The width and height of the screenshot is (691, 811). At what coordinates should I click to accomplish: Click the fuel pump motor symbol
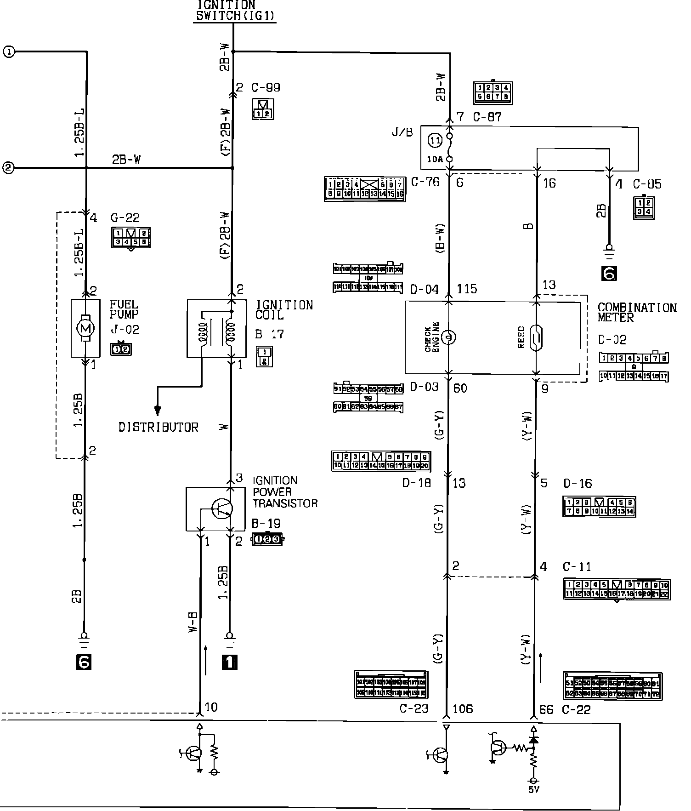85,328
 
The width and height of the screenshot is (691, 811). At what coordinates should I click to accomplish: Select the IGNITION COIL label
284,310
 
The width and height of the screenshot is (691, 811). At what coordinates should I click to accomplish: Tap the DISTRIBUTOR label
159,427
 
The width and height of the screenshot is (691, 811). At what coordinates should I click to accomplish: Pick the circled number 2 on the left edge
9,167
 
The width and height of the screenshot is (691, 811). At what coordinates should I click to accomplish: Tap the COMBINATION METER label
637,312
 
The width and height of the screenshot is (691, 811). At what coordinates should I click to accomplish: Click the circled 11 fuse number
435,140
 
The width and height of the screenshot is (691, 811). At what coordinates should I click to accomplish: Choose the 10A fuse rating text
435,160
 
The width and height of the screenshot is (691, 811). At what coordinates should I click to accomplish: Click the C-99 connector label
266,87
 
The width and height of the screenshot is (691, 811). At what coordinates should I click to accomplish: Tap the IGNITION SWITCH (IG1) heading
235,11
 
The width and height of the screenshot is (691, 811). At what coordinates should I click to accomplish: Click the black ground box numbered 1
230,662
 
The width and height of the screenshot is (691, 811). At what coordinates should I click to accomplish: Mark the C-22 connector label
576,710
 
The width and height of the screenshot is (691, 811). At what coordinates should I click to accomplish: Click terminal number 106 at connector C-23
462,709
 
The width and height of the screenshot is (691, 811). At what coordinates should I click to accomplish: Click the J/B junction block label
402,133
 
